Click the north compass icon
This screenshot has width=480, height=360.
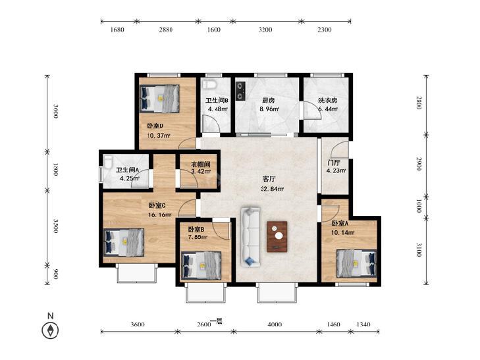coord(50,330)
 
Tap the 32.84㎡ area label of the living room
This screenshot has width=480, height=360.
coord(272,189)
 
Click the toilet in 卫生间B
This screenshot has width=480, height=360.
coord(209,84)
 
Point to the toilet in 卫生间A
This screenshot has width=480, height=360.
coord(108,162)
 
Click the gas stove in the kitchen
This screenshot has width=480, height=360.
coord(241,91)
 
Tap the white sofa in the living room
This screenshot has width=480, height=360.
coord(250,237)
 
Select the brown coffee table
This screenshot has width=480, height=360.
coord(277,236)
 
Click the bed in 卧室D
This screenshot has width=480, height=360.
coord(159,99)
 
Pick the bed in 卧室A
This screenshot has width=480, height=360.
coord(356,263)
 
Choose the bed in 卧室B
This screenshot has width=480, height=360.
coord(201,265)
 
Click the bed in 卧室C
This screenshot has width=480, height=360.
coord(124,242)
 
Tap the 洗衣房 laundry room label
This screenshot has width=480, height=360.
coord(327,100)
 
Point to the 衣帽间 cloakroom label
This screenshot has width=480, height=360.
coord(201,165)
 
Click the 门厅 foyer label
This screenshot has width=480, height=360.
coord(333,163)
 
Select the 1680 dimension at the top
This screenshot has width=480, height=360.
coord(117,30)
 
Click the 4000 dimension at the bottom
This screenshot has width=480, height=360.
coord(275,324)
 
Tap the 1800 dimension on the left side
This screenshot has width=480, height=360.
coord(55,169)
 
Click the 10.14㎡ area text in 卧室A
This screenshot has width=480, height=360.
coord(343,232)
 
